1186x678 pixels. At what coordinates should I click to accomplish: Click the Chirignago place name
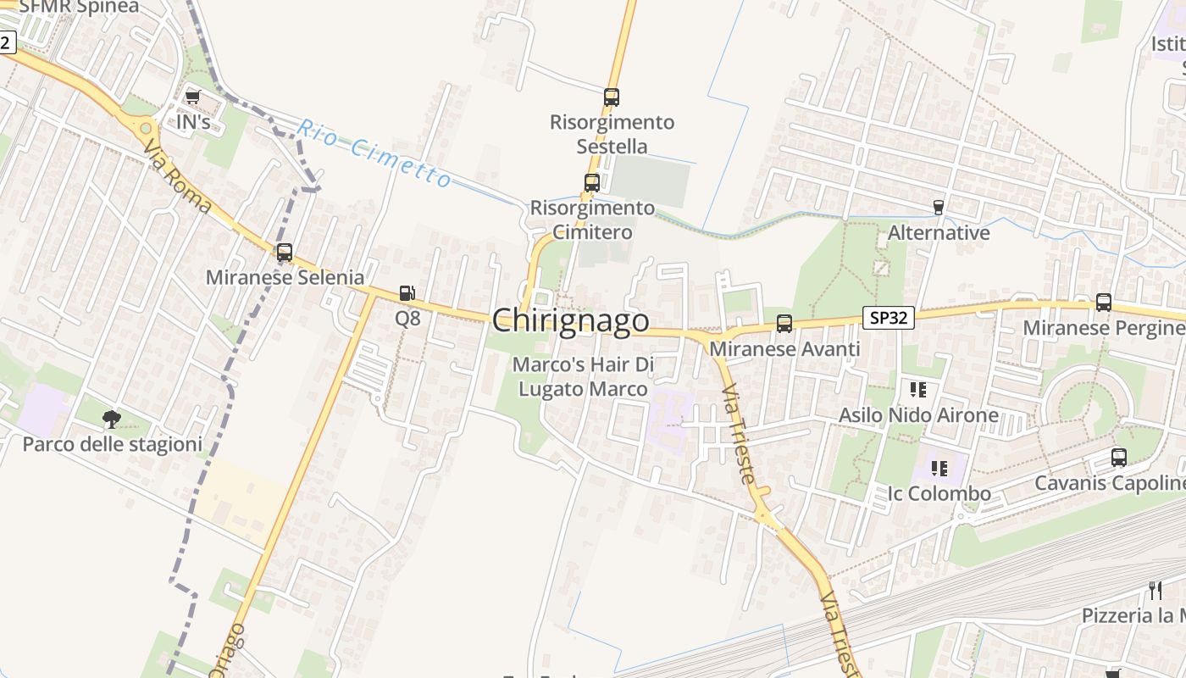(x=570, y=320)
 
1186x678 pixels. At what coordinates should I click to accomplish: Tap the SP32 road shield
(x=889, y=318)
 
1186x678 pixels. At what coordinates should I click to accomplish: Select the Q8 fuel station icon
(x=407, y=294)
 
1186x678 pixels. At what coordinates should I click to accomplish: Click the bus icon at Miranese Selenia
(x=285, y=253)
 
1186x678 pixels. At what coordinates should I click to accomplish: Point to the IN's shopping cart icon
(x=193, y=97)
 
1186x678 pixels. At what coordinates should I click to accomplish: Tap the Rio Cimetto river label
(x=374, y=153)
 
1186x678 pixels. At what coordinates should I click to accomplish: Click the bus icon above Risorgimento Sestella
(x=612, y=97)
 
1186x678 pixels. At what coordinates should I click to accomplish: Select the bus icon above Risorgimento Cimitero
(x=592, y=182)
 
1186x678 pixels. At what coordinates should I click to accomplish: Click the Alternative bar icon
(x=938, y=207)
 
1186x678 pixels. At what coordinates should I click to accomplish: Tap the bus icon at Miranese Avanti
(x=784, y=323)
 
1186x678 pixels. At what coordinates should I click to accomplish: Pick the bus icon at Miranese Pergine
(x=1104, y=303)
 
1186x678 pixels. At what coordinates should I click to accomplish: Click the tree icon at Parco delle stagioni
(x=112, y=419)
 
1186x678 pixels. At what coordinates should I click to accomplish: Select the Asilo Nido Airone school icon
(x=918, y=390)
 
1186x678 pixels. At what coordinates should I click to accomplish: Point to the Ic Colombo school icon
(x=939, y=468)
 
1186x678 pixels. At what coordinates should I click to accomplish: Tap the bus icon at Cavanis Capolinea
(x=1119, y=458)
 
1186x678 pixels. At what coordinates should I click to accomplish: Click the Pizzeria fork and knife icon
(x=1156, y=590)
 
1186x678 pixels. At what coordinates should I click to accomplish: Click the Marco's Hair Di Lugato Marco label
(x=584, y=377)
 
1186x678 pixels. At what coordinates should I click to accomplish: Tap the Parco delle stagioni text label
(x=113, y=444)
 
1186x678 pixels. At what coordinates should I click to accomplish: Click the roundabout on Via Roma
(x=147, y=129)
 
